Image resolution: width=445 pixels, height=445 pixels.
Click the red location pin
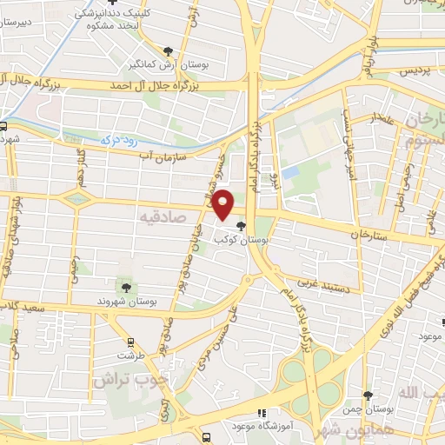pyautogui.click(x=224, y=203)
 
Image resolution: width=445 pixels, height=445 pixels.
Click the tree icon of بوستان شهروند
pyautogui.click(x=127, y=285)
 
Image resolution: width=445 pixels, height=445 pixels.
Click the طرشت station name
pyautogui.click(x=131, y=356)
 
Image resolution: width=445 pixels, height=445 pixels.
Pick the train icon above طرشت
pyautogui.click(x=131, y=342)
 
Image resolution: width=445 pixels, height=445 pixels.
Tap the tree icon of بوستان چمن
pyautogui.click(x=367, y=395)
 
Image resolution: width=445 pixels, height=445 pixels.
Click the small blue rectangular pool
pyautogui.click(x=290, y=172)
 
